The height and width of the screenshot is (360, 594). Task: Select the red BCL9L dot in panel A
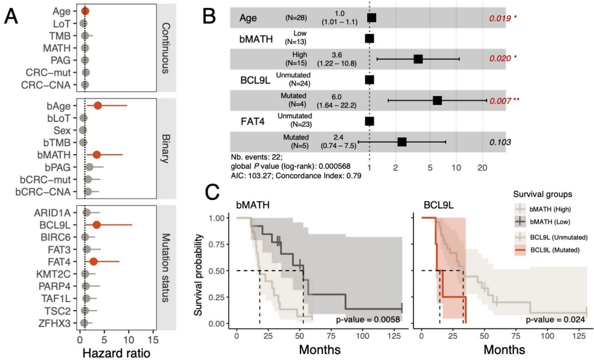tap(97, 225)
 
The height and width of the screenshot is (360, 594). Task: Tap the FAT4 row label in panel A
tap(62, 261)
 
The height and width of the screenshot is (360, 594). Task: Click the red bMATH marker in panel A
tap(97, 155)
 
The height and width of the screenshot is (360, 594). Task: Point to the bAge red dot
tap(98, 106)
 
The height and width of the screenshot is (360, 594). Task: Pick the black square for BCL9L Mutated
tap(438, 100)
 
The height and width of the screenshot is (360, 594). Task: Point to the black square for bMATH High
tap(418, 59)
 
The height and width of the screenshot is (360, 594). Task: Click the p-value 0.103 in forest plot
tap(500, 142)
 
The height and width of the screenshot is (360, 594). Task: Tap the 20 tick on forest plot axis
tap(482, 166)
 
